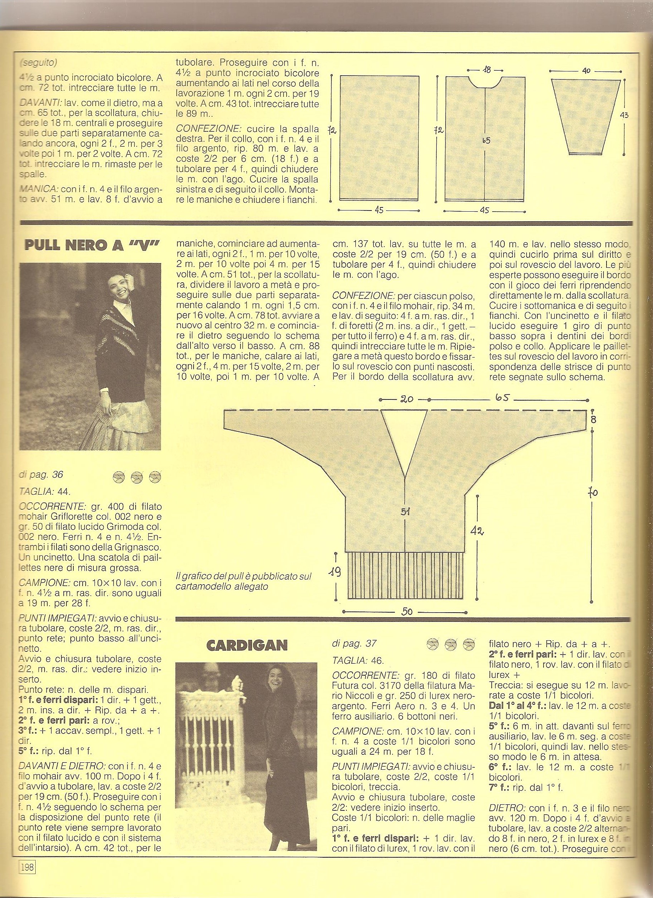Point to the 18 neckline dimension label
(x=487, y=70)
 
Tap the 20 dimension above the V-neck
(x=407, y=399)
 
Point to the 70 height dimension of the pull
(x=593, y=492)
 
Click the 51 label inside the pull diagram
(x=405, y=512)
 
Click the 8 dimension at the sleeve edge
(x=593, y=419)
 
